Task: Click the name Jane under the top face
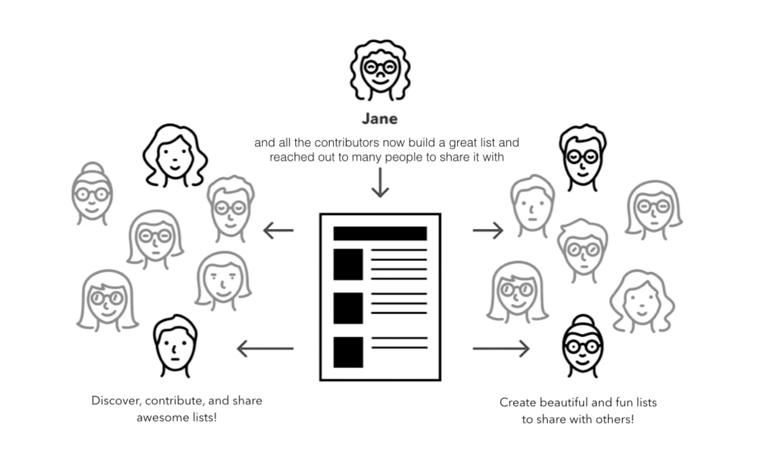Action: click(x=380, y=119)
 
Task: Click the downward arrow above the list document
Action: click(x=380, y=183)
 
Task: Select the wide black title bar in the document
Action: click(x=380, y=233)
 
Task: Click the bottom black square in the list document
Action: click(x=348, y=352)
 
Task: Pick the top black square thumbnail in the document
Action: click(x=348, y=264)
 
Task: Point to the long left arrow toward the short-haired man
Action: click(x=265, y=348)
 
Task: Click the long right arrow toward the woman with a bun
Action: click(x=501, y=348)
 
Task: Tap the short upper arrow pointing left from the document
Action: click(x=278, y=231)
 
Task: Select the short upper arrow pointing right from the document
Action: click(x=488, y=231)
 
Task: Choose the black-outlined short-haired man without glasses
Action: click(x=175, y=346)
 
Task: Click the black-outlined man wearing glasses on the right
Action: click(x=582, y=158)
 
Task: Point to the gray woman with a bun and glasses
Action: click(x=92, y=193)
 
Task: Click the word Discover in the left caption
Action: click(x=116, y=401)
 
